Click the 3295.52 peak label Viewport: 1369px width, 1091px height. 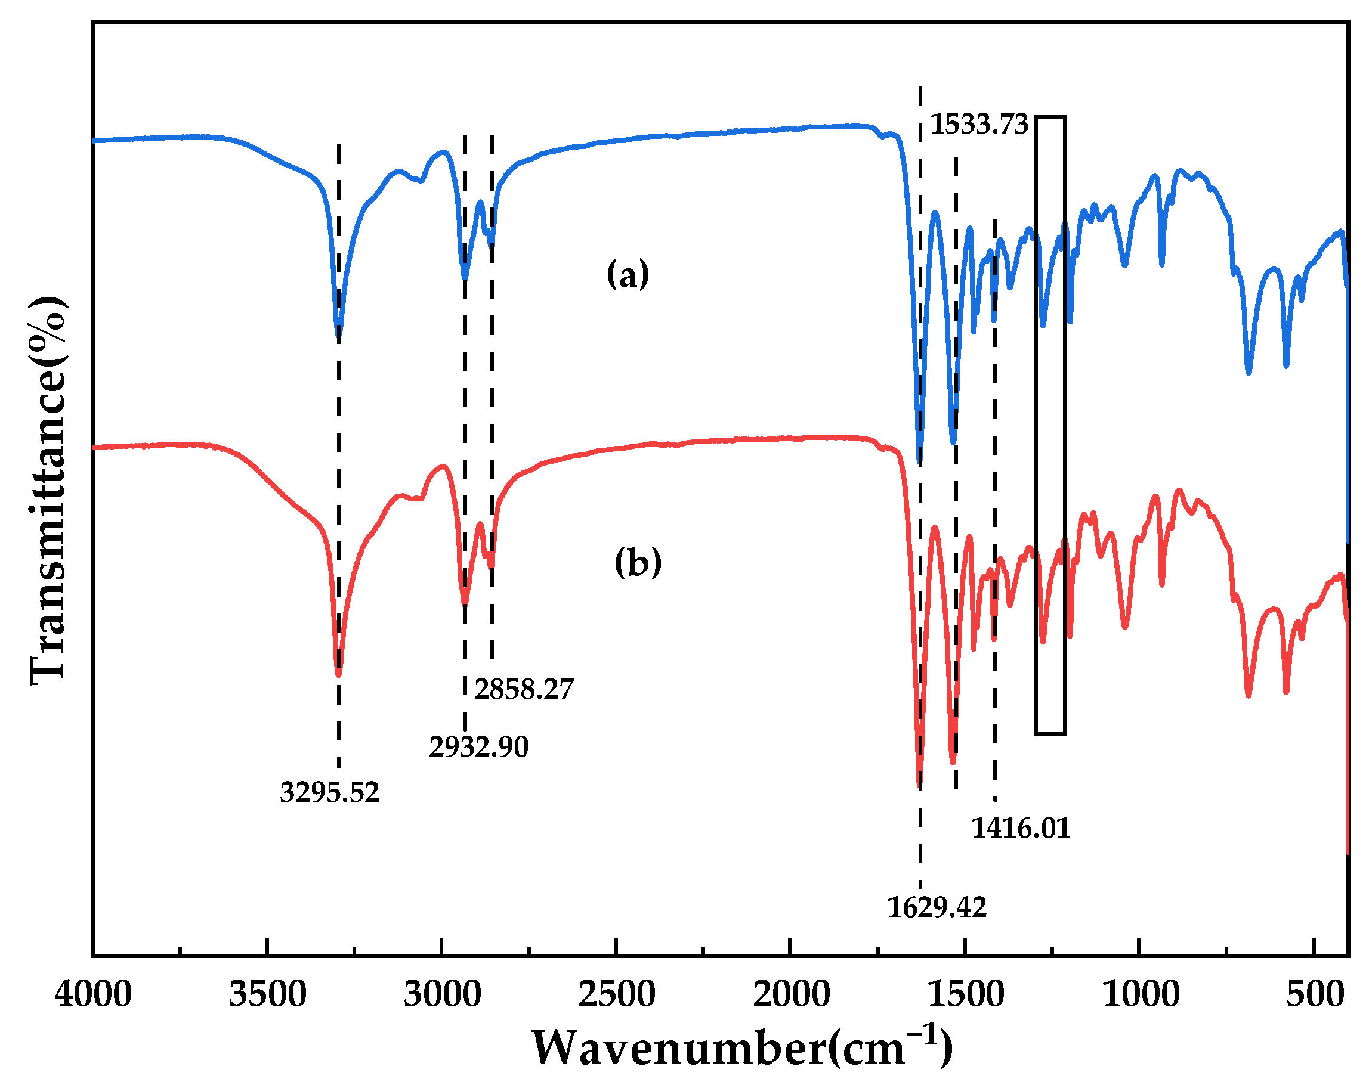[329, 793]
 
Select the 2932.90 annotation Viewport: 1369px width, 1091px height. [478, 747]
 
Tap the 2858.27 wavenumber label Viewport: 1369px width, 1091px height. [524, 689]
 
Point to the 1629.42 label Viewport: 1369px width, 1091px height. [937, 908]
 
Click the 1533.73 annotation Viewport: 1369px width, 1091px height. [978, 125]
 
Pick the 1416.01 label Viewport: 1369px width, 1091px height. [1021, 829]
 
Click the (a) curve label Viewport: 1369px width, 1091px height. [628, 274]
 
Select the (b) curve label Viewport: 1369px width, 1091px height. [638, 562]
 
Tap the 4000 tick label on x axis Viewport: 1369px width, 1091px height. [93, 994]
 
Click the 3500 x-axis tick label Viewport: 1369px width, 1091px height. [267, 994]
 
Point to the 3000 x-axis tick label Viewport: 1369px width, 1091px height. [442, 994]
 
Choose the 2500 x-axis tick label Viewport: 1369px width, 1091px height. [616, 994]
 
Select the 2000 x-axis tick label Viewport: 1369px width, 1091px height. [791, 994]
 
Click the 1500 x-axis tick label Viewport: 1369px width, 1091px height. [965, 994]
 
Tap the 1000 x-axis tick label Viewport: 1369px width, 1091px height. [1141, 994]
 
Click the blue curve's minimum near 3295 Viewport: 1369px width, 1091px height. [338, 337]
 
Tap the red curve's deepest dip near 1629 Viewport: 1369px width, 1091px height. [919, 785]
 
